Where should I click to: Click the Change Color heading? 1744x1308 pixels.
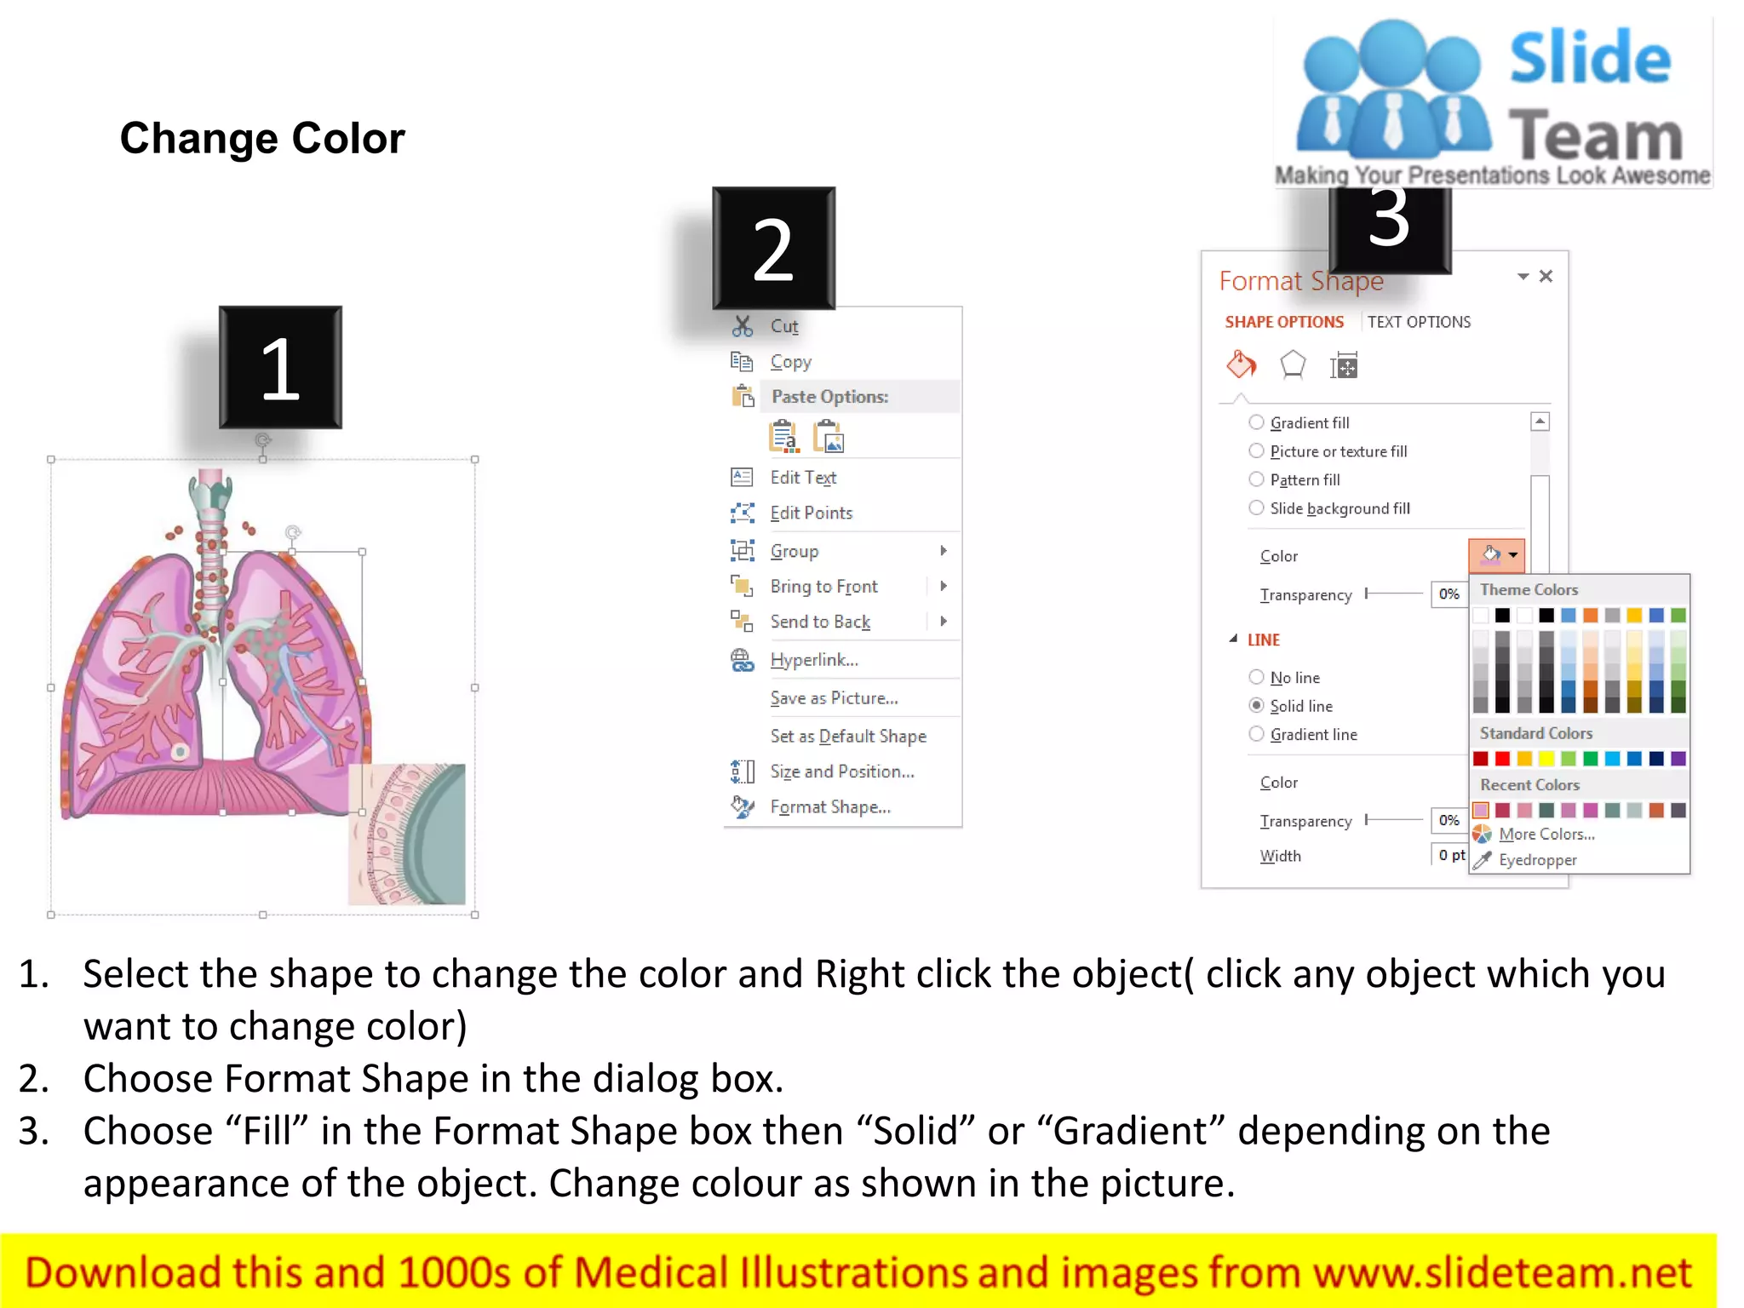(262, 138)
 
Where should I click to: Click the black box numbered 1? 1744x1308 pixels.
(280, 368)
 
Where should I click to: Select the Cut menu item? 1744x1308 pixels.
(783, 326)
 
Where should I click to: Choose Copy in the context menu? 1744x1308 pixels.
(790, 362)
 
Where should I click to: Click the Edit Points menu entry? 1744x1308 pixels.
(811, 513)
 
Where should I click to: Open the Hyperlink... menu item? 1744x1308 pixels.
(813, 660)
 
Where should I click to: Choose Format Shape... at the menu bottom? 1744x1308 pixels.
(829, 807)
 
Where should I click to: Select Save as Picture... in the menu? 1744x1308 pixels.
(834, 698)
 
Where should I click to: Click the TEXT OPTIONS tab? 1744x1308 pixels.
(1419, 322)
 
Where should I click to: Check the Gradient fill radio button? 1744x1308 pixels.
(1256, 422)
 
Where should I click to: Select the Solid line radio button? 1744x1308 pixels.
(1256, 705)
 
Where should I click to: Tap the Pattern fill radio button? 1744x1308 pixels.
(1256, 479)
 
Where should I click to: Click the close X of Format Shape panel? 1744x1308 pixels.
(1546, 276)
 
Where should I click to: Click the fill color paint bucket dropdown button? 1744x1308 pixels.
(1496, 555)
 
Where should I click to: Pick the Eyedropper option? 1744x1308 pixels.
(1537, 860)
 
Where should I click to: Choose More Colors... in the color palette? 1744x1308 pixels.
(1546, 835)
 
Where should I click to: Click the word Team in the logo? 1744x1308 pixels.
(1596, 136)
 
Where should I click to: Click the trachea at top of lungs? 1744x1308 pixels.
(210, 502)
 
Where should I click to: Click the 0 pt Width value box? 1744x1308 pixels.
(1450, 855)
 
